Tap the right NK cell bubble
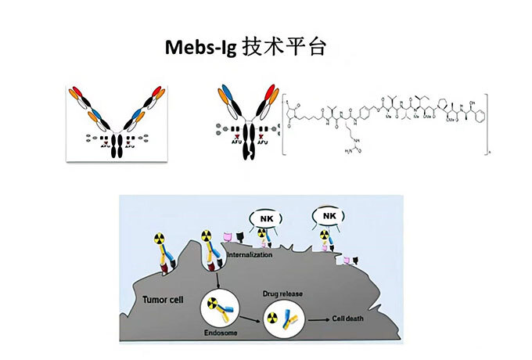click(x=324, y=213)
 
